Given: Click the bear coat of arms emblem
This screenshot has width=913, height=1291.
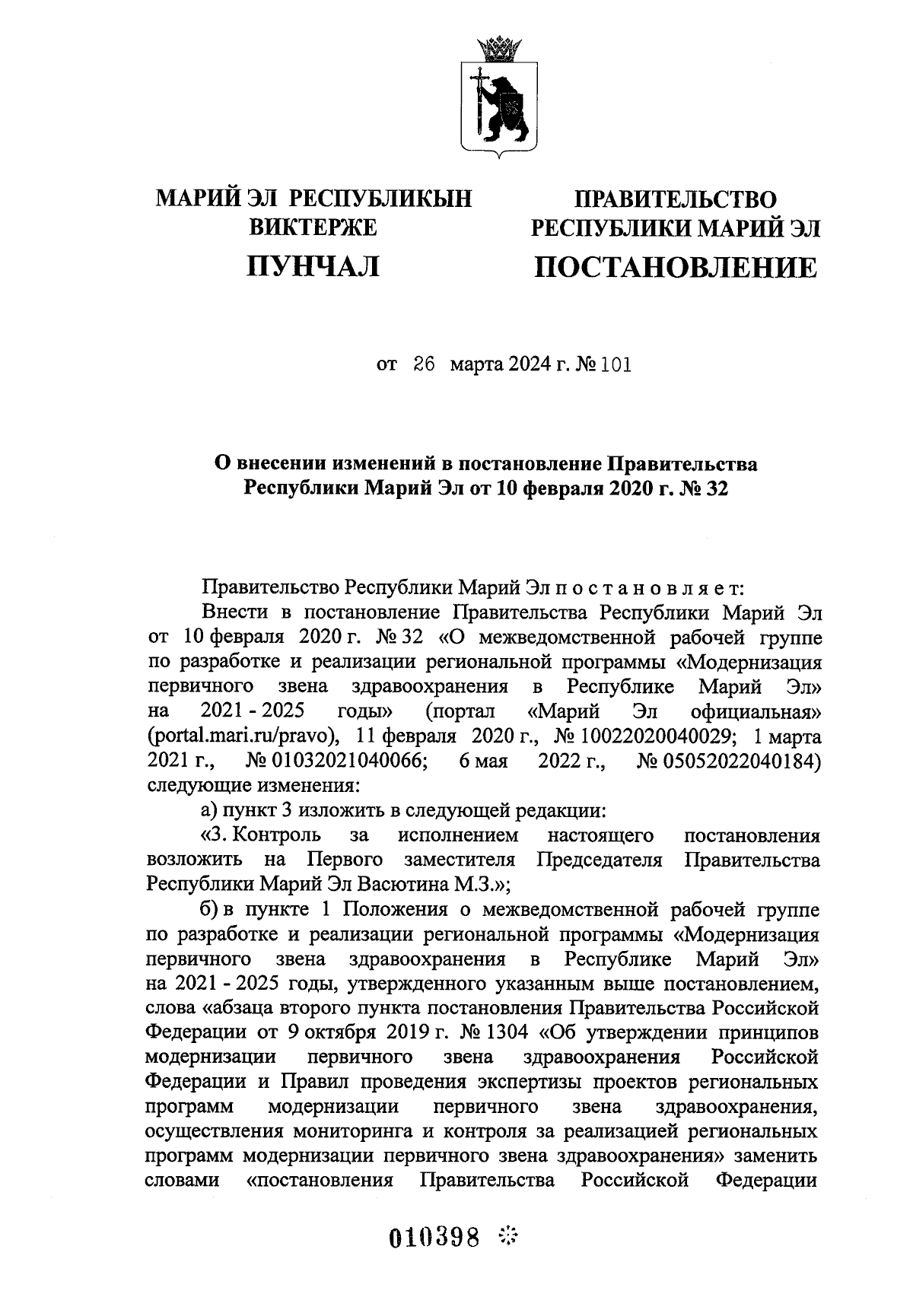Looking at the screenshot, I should [499, 107].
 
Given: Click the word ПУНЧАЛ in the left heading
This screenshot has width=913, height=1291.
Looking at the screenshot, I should [313, 266].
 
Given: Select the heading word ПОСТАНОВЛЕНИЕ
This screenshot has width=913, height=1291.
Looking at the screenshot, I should [676, 268].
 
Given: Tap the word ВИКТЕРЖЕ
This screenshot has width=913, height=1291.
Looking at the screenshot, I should [313, 227].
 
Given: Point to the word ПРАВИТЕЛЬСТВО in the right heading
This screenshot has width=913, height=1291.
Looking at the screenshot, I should [676, 199].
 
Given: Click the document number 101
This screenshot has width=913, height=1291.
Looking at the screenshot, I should [616, 364].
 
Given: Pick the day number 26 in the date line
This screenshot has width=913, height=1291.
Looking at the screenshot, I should [423, 364].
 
